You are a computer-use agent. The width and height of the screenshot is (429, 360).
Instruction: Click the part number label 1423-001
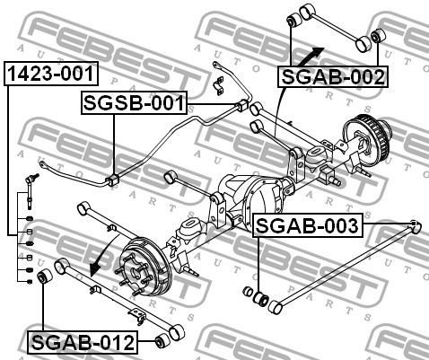[x=51, y=74]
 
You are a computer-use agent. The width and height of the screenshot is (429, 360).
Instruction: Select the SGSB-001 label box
[x=134, y=103]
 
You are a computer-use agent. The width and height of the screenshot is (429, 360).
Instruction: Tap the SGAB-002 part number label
[x=333, y=77]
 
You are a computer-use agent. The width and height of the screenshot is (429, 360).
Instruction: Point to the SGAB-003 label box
[x=308, y=225]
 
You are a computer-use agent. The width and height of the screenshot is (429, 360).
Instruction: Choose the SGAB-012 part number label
[x=83, y=342]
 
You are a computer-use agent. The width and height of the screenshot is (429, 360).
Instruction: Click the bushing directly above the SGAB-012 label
[x=44, y=277]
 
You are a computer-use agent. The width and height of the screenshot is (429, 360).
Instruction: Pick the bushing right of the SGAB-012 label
[x=162, y=341]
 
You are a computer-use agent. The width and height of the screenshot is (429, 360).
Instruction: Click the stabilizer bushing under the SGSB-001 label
[x=113, y=180]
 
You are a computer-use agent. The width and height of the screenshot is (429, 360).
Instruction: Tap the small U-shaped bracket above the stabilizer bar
[x=219, y=86]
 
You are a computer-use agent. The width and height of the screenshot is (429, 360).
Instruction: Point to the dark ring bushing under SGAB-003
[x=261, y=299]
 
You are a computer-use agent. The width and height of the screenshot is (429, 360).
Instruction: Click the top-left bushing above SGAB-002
[x=294, y=20]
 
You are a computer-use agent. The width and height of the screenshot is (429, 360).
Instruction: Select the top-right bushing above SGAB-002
[x=378, y=36]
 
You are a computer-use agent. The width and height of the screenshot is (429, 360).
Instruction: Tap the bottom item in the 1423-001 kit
[x=30, y=281]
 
